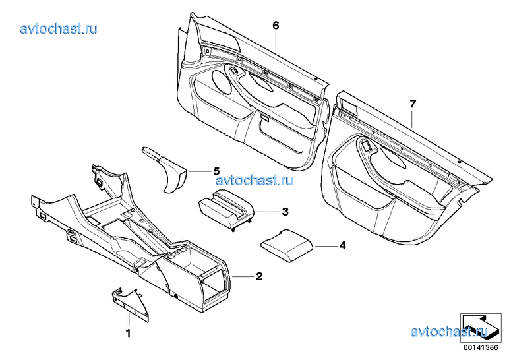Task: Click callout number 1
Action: [128, 333]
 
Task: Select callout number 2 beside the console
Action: [259, 276]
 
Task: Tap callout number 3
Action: [285, 212]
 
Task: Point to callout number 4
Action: [342, 246]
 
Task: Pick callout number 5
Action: [216, 171]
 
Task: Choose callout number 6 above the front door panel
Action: [276, 25]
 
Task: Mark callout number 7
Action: [413, 104]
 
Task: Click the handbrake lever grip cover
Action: [174, 175]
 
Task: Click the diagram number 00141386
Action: [481, 347]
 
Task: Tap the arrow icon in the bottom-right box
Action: [480, 327]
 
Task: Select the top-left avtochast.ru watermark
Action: [59, 28]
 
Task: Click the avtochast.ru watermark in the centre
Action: [254, 179]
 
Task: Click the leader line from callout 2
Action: [243, 276]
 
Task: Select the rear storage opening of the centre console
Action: [212, 285]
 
